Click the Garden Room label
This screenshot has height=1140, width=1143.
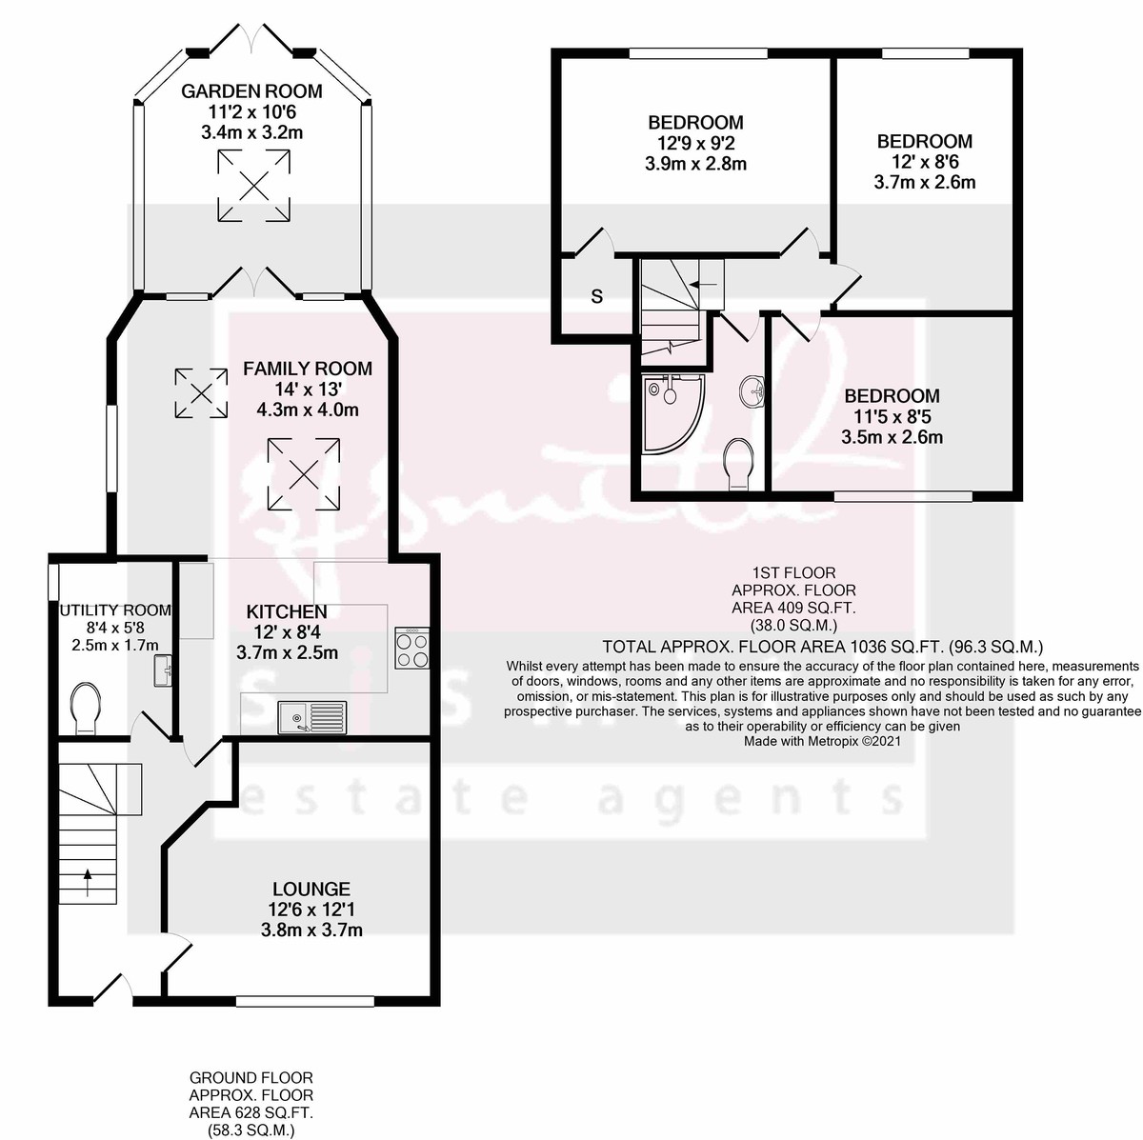click(x=251, y=91)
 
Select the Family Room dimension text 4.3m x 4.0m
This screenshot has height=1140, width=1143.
click(x=307, y=410)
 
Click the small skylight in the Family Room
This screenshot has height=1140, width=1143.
click(x=201, y=393)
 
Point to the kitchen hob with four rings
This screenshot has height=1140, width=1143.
click(x=411, y=650)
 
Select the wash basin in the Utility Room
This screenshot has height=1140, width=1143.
click(x=160, y=670)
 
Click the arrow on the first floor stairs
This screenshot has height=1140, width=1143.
click(x=706, y=284)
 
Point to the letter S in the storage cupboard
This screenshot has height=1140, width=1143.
click(x=597, y=296)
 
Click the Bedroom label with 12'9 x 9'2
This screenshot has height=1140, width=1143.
click(x=695, y=122)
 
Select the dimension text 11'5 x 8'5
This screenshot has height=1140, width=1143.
click(x=892, y=416)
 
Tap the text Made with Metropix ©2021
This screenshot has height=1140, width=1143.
click(x=822, y=740)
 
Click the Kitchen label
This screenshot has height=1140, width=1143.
click(x=287, y=611)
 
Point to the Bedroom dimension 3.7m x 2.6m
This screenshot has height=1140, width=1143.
click(x=924, y=182)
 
